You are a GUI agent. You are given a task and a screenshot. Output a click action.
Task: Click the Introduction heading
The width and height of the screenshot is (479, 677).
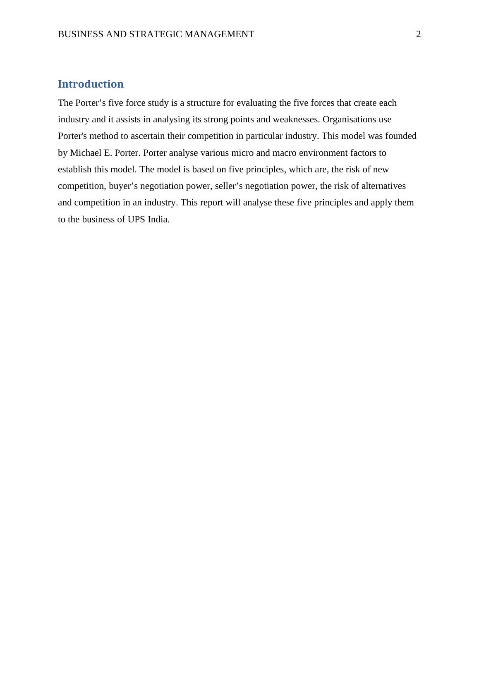(91, 84)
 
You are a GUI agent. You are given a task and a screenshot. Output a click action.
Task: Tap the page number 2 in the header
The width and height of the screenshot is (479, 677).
(418, 34)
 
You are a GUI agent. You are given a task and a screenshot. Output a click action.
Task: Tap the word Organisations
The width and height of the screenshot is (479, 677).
(349, 119)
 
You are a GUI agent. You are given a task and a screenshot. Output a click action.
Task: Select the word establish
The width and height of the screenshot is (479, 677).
(74, 169)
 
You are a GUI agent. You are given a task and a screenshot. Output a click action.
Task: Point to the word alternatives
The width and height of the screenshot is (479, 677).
(383, 186)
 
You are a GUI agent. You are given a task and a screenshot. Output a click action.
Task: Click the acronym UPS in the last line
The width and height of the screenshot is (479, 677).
(137, 219)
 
